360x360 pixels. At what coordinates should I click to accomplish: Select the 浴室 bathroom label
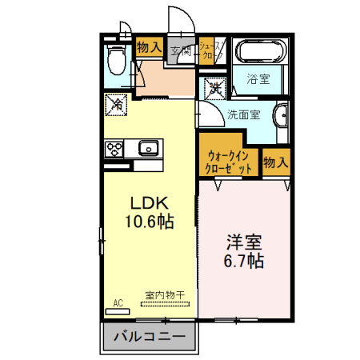click(x=258, y=80)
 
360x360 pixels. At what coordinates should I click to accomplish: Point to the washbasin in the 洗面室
click(x=280, y=118)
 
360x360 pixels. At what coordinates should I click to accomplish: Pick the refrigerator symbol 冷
click(x=115, y=104)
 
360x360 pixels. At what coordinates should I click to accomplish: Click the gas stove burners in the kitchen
click(x=114, y=148)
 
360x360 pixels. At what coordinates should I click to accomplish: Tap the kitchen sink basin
click(x=148, y=148)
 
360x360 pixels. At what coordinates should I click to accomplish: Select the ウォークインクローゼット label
click(x=230, y=162)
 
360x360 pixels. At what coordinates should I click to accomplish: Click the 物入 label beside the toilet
click(x=150, y=47)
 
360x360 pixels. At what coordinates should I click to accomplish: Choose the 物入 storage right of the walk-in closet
click(x=276, y=162)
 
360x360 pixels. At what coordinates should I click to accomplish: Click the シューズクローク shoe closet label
click(x=210, y=50)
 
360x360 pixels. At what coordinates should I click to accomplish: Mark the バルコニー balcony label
click(x=149, y=335)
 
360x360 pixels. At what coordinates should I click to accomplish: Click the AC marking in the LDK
click(x=117, y=302)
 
